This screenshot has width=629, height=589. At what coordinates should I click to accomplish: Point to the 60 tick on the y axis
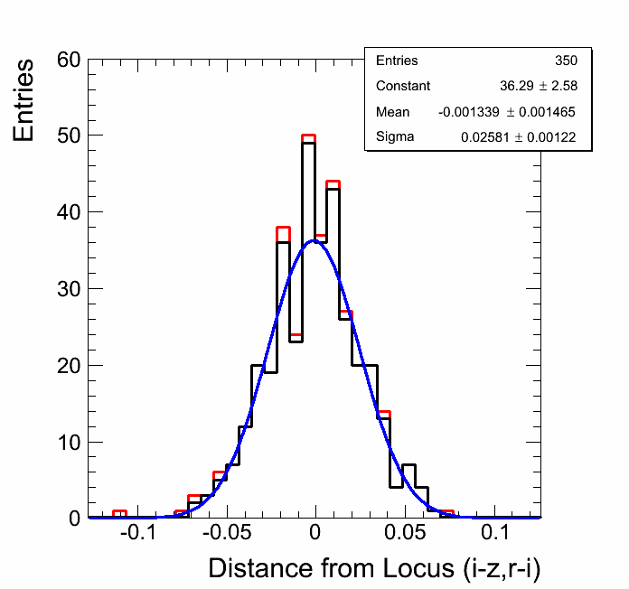[70, 60]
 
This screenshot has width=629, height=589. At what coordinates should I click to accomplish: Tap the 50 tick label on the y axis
[70, 136]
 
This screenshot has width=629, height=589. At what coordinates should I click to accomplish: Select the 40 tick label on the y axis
[70, 212]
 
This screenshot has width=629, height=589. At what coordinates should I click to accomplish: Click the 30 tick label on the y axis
[70, 289]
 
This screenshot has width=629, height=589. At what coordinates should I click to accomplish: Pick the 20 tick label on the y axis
[70, 366]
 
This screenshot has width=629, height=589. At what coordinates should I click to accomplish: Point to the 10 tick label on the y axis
[70, 443]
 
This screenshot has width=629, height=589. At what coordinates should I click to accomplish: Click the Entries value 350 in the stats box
[566, 61]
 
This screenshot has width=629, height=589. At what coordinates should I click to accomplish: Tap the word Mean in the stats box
[392, 112]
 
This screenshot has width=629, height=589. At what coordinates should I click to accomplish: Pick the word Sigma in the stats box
[395, 137]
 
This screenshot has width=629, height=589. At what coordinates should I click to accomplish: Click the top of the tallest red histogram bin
[308, 136]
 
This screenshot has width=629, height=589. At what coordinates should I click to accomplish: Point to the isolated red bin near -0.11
[119, 511]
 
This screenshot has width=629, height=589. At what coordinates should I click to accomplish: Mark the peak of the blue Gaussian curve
[314, 240]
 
